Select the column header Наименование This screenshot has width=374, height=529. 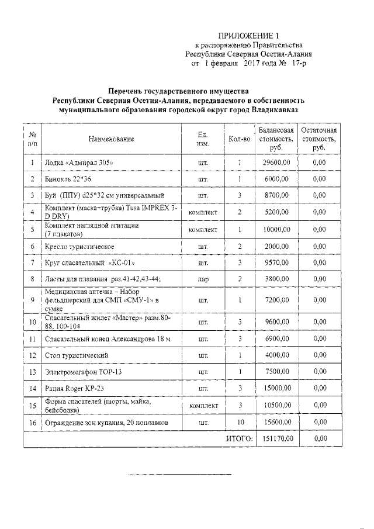111,139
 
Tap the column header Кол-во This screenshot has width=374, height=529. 240,139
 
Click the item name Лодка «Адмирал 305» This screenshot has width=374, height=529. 79,162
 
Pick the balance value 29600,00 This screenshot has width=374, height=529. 276,162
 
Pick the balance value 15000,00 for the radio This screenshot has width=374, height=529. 276,388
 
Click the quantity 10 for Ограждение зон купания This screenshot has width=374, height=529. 240,422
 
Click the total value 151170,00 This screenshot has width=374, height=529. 276,438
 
